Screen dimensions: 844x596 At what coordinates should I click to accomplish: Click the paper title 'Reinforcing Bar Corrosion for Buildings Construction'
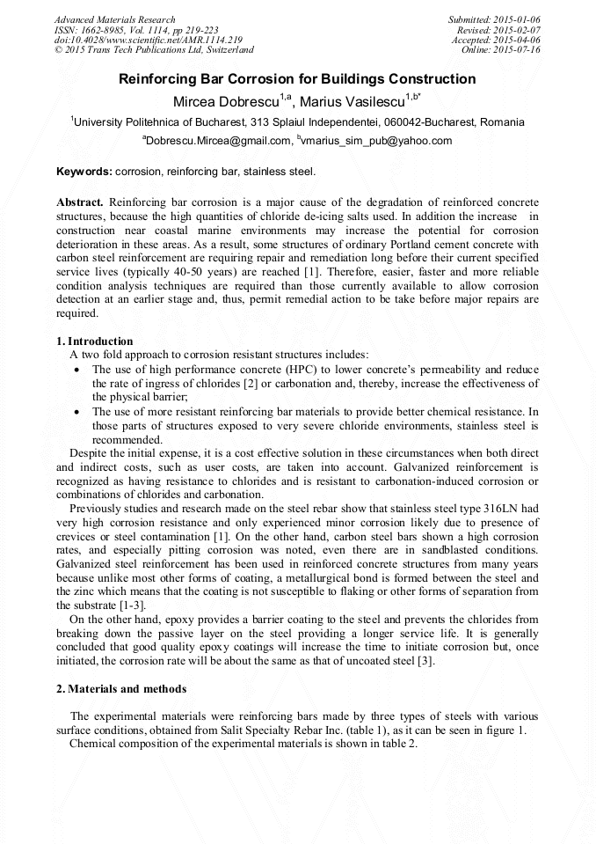tap(297, 79)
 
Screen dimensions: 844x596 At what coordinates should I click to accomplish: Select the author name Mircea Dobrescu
tap(228, 101)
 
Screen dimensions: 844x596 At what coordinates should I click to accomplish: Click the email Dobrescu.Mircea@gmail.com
tap(218, 141)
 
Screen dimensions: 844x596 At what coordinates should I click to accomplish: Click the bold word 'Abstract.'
tap(80, 202)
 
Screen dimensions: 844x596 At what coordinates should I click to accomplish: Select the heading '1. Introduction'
tap(94, 341)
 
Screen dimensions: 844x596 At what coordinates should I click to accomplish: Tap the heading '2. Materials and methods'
tap(120, 688)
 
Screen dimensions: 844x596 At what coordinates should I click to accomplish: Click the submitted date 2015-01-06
tap(518, 19)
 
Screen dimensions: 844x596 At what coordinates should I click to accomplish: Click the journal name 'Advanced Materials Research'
tap(115, 19)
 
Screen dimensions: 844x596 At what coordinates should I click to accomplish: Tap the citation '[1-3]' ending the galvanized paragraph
tap(129, 605)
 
